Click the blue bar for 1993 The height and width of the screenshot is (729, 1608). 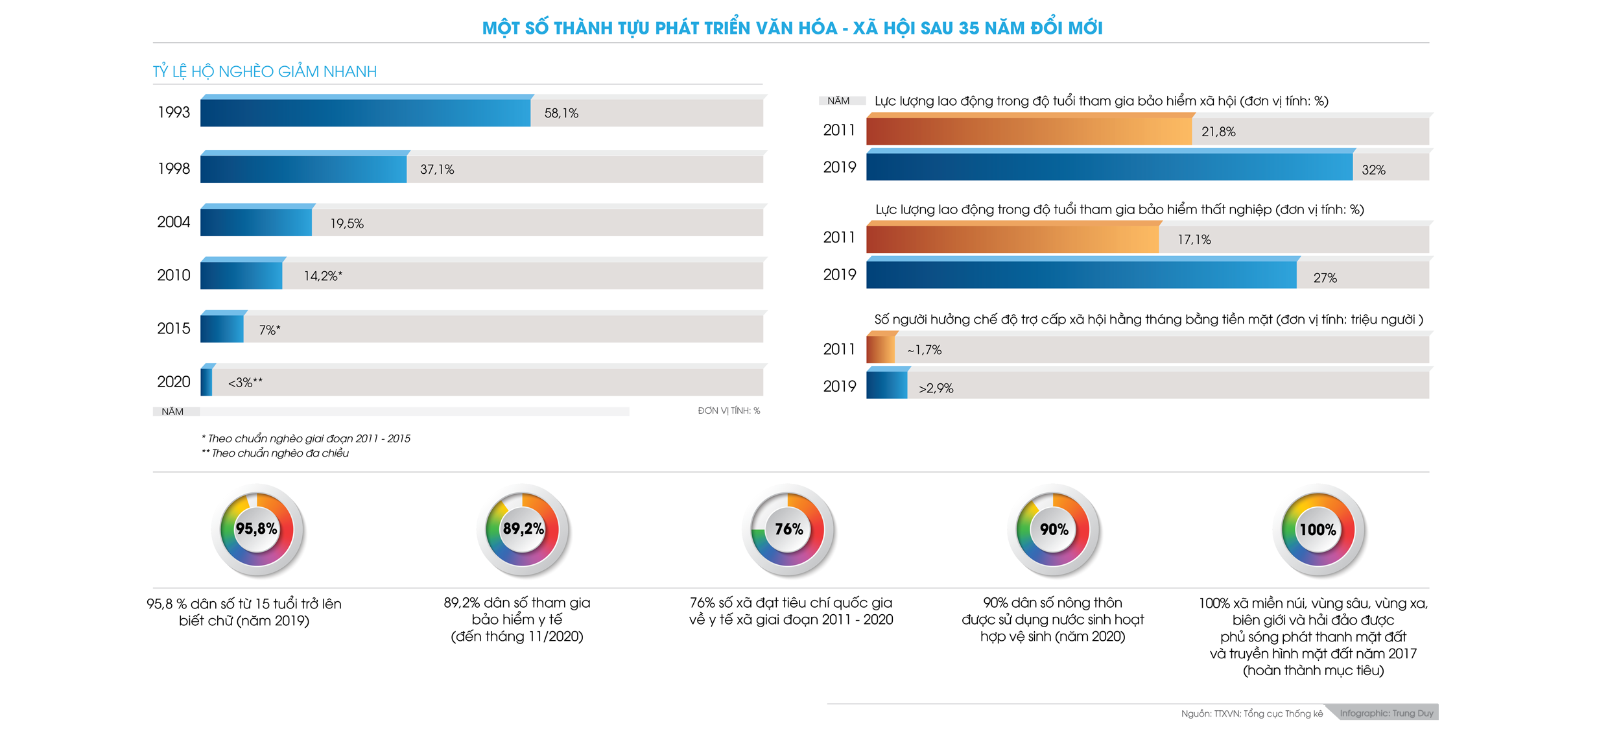click(365, 112)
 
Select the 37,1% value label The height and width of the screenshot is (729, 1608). click(437, 169)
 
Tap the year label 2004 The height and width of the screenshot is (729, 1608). click(174, 222)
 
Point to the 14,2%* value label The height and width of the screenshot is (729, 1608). click(323, 276)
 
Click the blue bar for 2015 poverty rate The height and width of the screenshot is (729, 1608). click(222, 328)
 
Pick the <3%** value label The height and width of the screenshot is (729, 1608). click(245, 383)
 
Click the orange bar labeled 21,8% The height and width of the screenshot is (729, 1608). click(1029, 130)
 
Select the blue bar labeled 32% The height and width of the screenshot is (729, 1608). click(1109, 167)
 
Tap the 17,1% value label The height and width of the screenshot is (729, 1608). click(1194, 239)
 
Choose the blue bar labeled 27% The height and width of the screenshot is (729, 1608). click(1081, 274)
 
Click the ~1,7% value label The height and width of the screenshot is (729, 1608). click(924, 350)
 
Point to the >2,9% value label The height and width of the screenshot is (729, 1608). click(936, 388)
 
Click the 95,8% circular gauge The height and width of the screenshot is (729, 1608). click(257, 530)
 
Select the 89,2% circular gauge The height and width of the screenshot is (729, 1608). click(523, 530)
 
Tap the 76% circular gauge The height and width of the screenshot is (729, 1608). click(788, 530)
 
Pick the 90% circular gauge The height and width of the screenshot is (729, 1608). click(1054, 530)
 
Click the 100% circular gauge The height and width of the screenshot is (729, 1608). click(1318, 530)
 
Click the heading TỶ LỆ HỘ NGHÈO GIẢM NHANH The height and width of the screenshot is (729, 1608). click(265, 71)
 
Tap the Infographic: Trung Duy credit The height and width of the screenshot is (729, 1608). click(1386, 713)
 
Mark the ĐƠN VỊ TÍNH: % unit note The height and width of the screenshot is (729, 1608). click(729, 411)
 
